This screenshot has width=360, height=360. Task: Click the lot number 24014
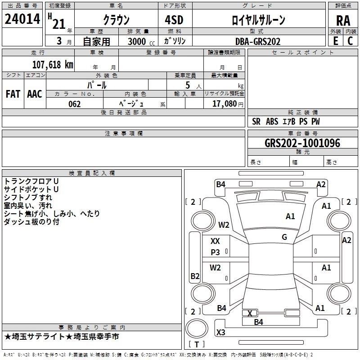click(22, 19)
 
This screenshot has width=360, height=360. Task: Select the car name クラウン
click(116, 20)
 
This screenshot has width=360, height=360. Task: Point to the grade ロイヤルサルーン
click(258, 20)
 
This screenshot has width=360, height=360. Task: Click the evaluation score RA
click(343, 21)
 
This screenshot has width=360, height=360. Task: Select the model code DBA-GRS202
click(257, 41)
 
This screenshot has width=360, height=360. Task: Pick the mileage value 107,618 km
click(52, 64)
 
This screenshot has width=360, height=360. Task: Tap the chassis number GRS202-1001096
click(302, 143)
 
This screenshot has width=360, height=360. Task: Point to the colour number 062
click(75, 104)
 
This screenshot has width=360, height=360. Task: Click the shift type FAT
click(13, 94)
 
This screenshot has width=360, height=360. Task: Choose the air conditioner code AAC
click(35, 94)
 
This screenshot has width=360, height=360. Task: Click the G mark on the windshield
click(284, 237)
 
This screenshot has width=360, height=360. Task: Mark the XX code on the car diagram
click(215, 241)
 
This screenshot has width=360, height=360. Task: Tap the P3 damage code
click(216, 252)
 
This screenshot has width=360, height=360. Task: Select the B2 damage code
click(195, 276)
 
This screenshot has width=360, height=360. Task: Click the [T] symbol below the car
click(196, 344)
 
